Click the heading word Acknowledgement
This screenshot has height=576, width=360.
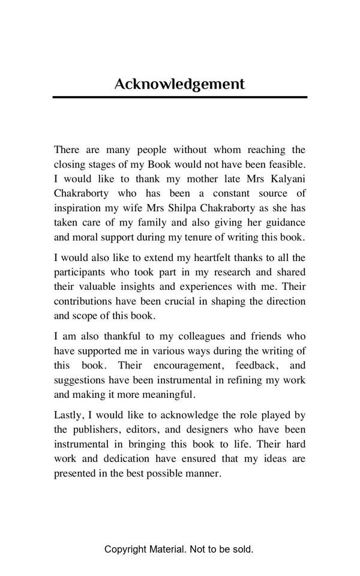tap(179, 84)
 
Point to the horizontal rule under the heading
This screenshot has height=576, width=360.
tap(179, 97)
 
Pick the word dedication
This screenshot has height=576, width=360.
tap(123, 458)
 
